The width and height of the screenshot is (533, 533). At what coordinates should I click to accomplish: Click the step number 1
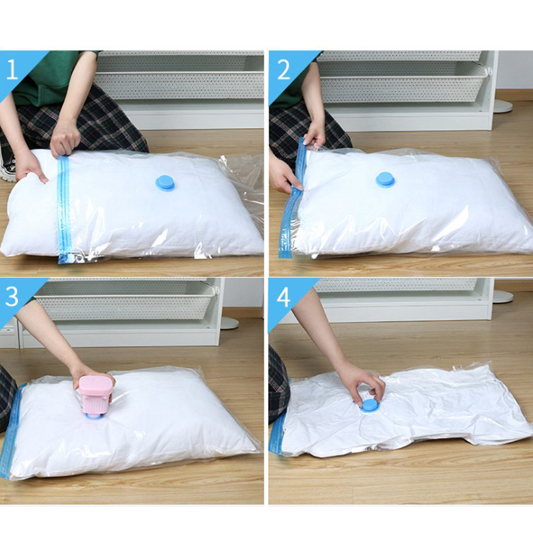[13, 70]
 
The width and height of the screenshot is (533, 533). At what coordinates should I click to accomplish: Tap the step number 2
[284, 70]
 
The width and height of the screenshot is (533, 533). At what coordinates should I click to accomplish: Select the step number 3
[12, 296]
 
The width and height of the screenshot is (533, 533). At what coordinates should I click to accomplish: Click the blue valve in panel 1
[165, 183]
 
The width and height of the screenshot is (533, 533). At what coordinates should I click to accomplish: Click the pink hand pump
[97, 395]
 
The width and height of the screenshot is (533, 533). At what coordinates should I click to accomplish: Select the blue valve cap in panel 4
[370, 407]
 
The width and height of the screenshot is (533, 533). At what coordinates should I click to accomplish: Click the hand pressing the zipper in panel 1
[64, 139]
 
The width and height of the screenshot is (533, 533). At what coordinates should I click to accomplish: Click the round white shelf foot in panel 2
[503, 106]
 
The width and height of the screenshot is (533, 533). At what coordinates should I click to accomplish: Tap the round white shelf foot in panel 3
[230, 323]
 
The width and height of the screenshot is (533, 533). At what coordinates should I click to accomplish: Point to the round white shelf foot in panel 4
[503, 296]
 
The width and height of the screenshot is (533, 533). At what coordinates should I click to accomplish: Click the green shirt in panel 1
[51, 78]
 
